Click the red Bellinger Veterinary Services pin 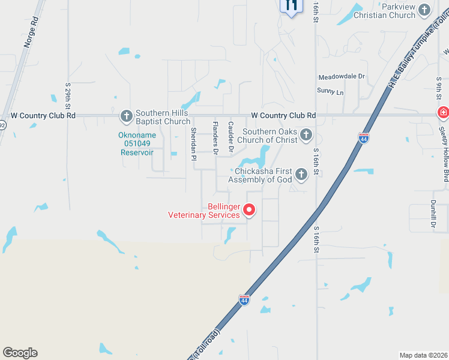pyautogui.click(x=249, y=210)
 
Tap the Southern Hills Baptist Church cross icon pyautogui.click(x=126, y=116)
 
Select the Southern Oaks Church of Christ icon pyautogui.click(x=306, y=135)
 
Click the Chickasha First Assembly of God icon pyautogui.click(x=301, y=175)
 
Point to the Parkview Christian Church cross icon pyautogui.click(x=424, y=10)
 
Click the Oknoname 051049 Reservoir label pyautogui.click(x=137, y=144)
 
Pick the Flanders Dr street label pyautogui.click(x=215, y=136)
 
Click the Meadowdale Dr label pyautogui.click(x=342, y=77)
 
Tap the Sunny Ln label pyautogui.click(x=331, y=92)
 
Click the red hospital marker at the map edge pyautogui.click(x=443, y=112)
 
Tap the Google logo pyautogui.click(x=20, y=353)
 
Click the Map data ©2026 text pyautogui.click(x=423, y=355)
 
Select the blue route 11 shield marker pyautogui.click(x=291, y=6)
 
